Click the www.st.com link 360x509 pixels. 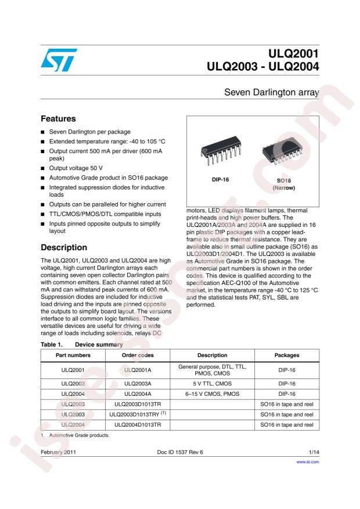click(x=307, y=462)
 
